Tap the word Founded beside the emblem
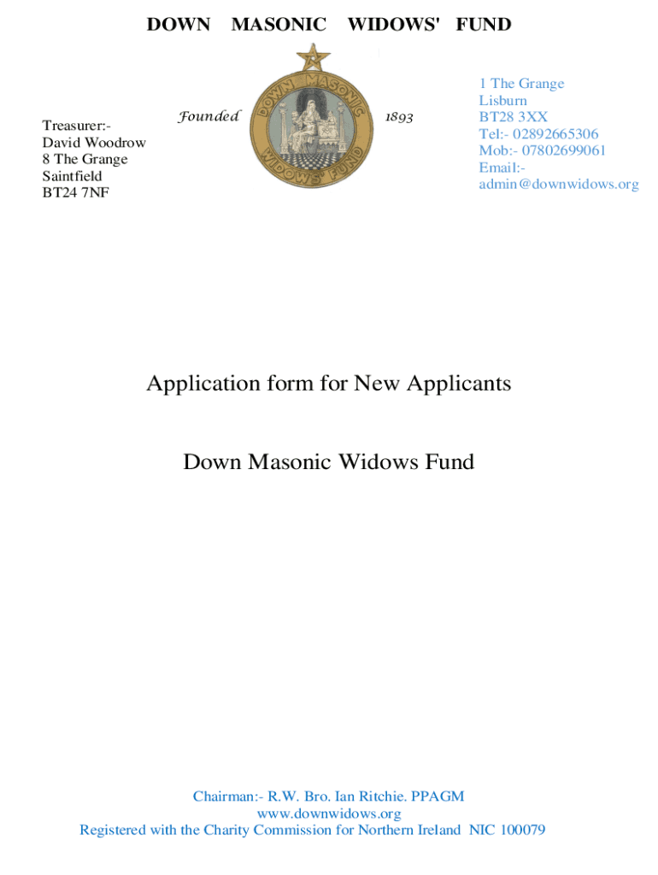(x=209, y=116)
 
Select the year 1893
(x=399, y=116)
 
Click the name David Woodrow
(x=94, y=143)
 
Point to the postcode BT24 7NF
(x=76, y=192)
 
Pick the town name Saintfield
(x=72, y=176)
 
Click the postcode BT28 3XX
(x=513, y=116)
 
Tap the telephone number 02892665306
(x=555, y=133)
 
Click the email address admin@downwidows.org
(x=558, y=184)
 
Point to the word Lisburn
(x=502, y=100)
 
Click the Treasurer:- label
(x=77, y=126)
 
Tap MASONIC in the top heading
(x=279, y=25)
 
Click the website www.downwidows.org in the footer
(x=328, y=813)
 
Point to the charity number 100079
(x=520, y=830)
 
